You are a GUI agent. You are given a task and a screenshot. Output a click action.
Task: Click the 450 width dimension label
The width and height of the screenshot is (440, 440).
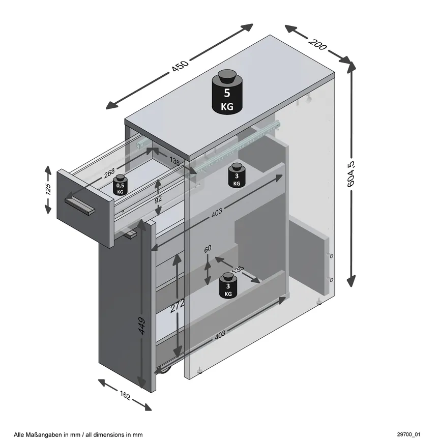(181, 66)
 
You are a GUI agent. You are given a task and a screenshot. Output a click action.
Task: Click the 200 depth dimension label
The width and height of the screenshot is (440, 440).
(317, 44)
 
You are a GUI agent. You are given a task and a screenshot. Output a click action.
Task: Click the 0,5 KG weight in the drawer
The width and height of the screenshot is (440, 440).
(120, 185)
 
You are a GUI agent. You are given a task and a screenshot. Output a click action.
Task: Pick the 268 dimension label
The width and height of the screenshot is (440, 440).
(109, 174)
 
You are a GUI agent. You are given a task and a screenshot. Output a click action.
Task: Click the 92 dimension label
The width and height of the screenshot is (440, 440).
(159, 199)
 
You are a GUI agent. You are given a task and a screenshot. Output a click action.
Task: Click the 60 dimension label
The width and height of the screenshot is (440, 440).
(208, 250)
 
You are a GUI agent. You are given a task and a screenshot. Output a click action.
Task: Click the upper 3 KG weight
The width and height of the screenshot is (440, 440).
(237, 175)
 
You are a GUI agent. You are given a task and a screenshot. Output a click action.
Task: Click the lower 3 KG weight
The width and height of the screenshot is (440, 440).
(228, 286)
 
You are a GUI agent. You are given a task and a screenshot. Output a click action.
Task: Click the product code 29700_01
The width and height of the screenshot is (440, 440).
(409, 434)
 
